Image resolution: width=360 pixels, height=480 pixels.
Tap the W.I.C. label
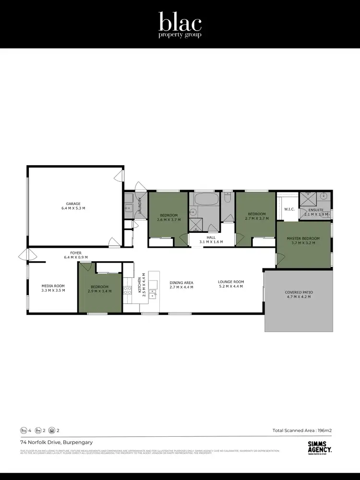[x=289, y=209]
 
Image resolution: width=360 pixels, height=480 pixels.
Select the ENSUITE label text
[x=315, y=210]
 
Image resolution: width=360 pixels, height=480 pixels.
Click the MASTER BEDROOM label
[x=303, y=239]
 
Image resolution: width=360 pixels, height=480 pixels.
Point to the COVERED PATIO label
[x=299, y=292]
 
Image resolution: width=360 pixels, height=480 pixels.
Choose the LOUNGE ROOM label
[x=230, y=282]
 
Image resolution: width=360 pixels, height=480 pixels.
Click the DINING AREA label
[x=181, y=282]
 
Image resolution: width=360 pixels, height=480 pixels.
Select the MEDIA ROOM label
[x=53, y=285]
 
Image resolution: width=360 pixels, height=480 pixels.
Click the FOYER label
[x=76, y=252]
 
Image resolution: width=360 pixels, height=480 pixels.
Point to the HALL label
[x=211, y=237]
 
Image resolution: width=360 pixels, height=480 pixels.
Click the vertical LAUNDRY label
[x=140, y=205]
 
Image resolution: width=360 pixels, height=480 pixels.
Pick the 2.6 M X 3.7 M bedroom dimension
[x=168, y=220]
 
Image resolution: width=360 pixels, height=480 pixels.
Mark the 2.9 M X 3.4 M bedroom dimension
[x=100, y=291]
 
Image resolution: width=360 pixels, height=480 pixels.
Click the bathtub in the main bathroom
[x=206, y=199]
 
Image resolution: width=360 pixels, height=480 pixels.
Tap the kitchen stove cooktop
[x=128, y=289]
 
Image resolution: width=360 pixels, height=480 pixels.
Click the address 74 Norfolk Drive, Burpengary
[x=56, y=442]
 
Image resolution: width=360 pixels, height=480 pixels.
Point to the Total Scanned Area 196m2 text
[x=302, y=431]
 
